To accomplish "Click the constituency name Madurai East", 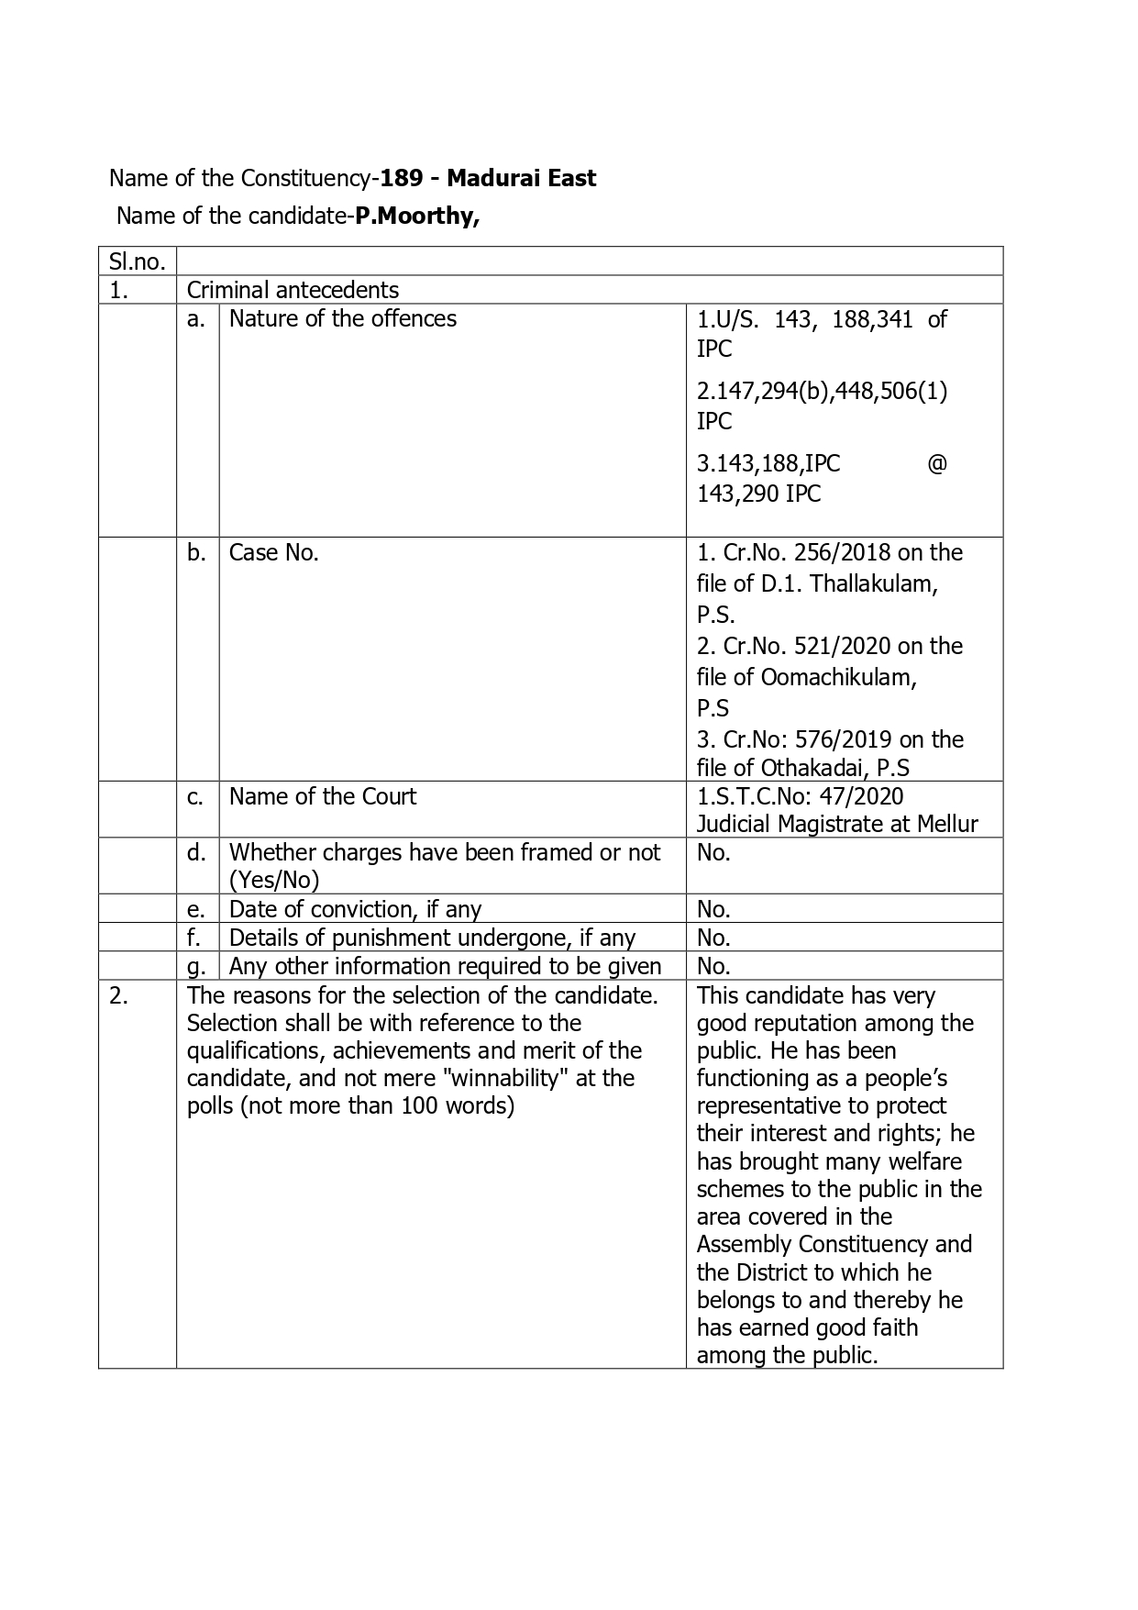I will (x=521, y=178).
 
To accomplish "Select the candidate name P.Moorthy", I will (x=417, y=216).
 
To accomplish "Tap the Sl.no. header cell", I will (x=137, y=261).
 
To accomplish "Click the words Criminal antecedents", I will (x=293, y=290).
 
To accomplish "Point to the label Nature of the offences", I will (x=342, y=318).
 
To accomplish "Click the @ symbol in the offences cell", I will (x=936, y=463).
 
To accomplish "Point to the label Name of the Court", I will (x=322, y=796).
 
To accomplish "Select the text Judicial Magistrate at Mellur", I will (x=837, y=824).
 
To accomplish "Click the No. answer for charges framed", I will (x=713, y=852).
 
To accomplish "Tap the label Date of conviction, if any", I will (x=355, y=909).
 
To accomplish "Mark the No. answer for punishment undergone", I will (x=713, y=938).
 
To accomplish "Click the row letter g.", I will (x=196, y=966).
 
